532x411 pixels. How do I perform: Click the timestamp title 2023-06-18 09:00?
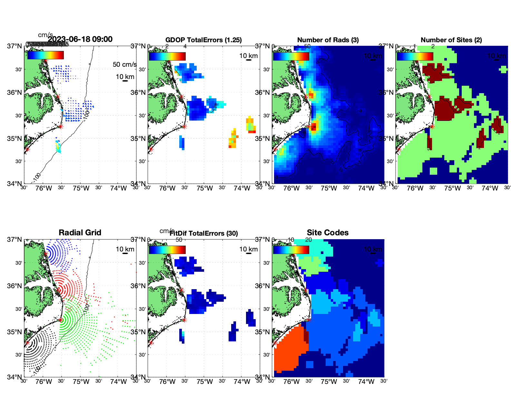(80, 39)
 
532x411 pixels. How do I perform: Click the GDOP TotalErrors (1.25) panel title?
(203, 40)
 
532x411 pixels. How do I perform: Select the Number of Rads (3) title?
(328, 40)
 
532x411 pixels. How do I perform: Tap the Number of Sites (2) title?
(451, 40)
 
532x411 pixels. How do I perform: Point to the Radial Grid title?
(80, 233)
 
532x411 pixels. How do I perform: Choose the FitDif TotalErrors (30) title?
(204, 233)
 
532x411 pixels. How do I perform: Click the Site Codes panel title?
(328, 233)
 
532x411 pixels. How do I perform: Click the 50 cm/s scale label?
(124, 64)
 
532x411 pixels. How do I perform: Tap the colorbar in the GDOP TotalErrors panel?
(167, 56)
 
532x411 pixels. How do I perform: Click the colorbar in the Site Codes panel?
(291, 250)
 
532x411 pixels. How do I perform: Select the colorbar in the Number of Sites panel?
(415, 56)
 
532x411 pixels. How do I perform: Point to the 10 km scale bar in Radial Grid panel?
(125, 253)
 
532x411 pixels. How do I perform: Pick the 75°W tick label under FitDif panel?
(205, 382)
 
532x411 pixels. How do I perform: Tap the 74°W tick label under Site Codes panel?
(366, 382)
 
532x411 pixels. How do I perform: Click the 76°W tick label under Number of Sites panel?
(415, 188)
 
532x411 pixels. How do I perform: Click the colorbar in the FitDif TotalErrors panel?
(167, 250)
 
